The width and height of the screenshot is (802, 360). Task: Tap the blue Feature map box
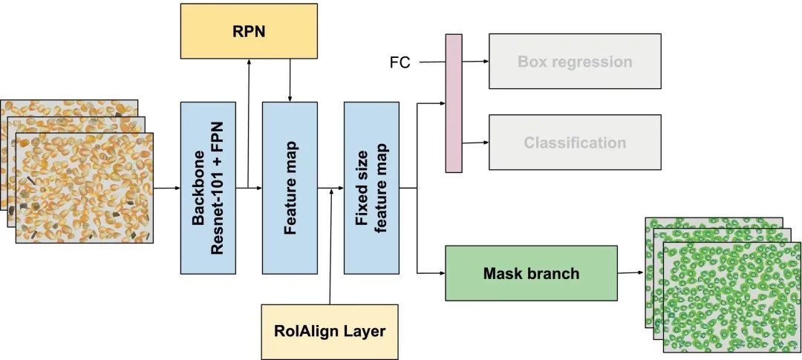290,188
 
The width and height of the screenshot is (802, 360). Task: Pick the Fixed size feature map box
371,188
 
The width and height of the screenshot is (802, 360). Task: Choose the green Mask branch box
531,273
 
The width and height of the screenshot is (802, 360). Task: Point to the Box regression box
574,61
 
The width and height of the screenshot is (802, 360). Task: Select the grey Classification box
574,143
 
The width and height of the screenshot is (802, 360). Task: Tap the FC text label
400,62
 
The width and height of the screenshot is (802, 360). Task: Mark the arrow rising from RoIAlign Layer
330,245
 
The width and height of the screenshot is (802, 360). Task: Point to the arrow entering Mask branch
431,272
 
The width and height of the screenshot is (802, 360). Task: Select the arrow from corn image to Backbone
166,188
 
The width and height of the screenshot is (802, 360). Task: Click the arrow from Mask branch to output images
630,272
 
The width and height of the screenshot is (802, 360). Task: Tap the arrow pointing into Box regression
475,62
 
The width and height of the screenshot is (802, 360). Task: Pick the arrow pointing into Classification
475,143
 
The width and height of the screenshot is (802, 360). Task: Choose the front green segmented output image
731,297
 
